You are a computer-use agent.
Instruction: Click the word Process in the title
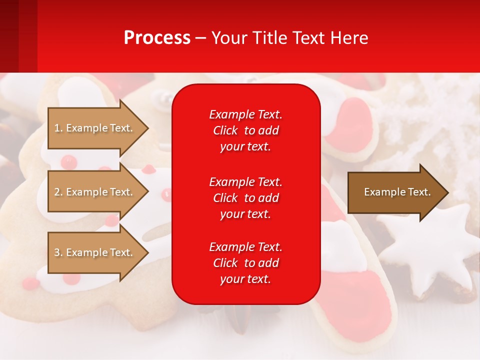point(157,38)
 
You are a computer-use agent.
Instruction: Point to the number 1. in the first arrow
point(58,128)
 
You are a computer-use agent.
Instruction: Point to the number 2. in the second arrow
point(58,192)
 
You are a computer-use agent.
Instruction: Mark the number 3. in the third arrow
point(58,252)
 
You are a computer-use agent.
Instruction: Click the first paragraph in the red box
point(245,130)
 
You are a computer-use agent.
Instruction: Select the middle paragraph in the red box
point(245,198)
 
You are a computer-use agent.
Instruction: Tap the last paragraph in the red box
point(245,263)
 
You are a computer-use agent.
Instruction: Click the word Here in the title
point(349,38)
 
